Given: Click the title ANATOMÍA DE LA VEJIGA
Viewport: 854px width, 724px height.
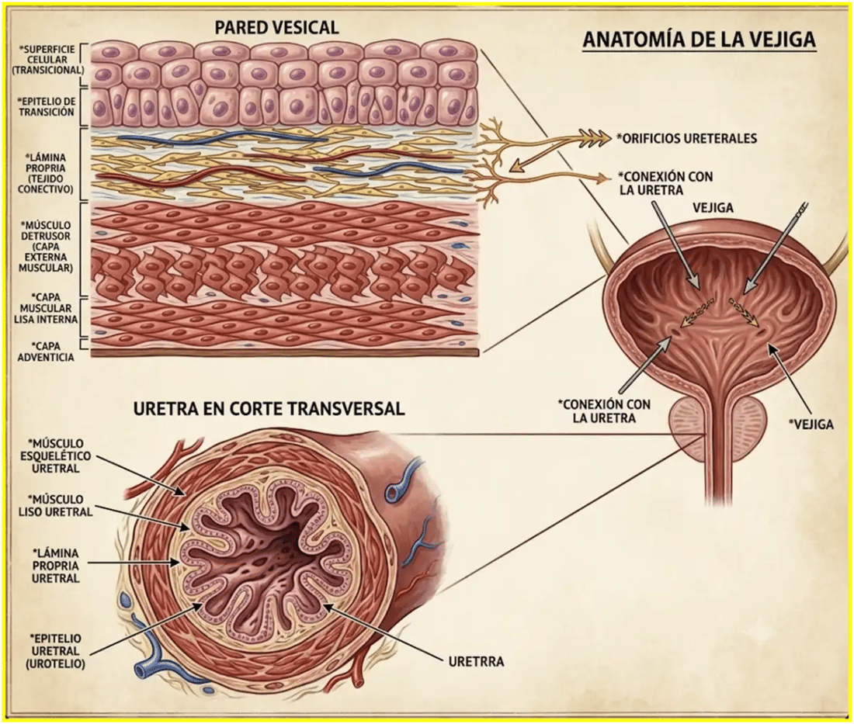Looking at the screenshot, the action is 700,40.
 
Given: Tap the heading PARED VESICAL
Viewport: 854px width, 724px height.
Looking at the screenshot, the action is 276,27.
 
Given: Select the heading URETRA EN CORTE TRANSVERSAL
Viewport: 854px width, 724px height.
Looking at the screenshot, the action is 269,408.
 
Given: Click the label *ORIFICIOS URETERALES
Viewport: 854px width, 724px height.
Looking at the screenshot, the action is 686,138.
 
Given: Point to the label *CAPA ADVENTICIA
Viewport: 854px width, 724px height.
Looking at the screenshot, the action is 46,352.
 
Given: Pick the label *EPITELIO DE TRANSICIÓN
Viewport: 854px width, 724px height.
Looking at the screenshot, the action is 46,106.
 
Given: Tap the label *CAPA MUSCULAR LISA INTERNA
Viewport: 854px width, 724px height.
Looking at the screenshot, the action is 47,308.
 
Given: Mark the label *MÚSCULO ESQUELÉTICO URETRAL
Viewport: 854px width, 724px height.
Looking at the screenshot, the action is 56,456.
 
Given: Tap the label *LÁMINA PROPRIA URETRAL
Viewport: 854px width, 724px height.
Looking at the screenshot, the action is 55,566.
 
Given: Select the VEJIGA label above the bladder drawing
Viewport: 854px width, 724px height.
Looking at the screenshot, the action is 713,208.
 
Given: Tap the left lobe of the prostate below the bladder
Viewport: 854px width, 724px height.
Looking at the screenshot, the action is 689,424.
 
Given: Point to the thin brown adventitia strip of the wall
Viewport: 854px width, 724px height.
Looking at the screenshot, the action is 285,353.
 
